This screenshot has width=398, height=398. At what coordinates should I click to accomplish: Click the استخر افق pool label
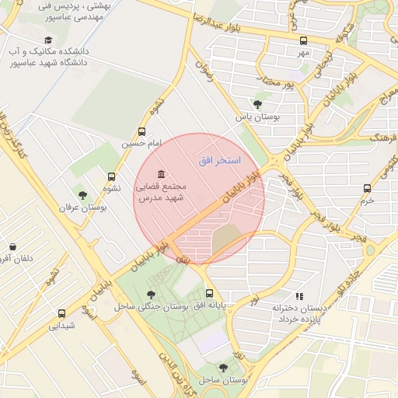pos(220,159)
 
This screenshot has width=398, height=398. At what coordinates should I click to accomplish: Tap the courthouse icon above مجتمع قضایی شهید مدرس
pos(161,173)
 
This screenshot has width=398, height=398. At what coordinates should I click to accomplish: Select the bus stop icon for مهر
pos(303,40)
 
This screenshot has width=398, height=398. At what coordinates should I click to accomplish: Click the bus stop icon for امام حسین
pos(141,131)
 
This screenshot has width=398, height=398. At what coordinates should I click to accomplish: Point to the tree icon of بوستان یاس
pos(257,104)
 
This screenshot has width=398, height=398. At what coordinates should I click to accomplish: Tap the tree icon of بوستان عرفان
pos(82,194)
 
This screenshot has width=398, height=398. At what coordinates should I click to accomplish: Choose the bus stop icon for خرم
pos(367,187)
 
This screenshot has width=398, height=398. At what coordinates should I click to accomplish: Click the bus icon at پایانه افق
pos(209,294)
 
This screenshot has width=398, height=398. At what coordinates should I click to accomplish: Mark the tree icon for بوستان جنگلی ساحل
pos(150,295)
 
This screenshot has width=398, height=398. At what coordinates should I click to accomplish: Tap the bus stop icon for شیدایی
pos(61,313)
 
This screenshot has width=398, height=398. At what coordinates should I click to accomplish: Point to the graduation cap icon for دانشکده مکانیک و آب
pos(48,40)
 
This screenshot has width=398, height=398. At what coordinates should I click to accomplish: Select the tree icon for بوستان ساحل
pos(223,368)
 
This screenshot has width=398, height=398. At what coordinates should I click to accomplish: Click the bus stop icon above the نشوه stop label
pos(112,176)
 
